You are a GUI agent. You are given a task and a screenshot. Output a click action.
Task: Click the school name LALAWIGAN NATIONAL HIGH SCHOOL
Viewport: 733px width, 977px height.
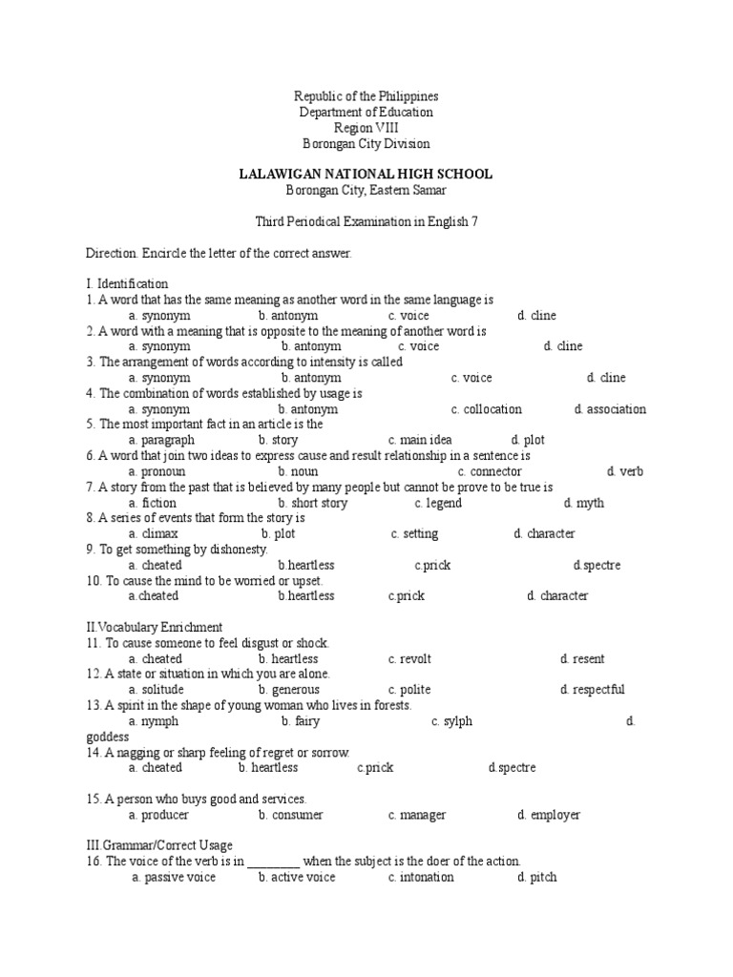[x=366, y=174]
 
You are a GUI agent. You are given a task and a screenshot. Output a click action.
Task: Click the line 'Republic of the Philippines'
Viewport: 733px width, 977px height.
[x=366, y=96]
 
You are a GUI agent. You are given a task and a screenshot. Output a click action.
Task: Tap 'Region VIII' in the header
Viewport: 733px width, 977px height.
[x=366, y=128]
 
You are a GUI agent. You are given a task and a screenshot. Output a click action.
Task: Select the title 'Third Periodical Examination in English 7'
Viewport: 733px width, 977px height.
[x=366, y=221]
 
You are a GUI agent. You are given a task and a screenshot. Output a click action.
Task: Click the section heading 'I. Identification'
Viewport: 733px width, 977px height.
[x=127, y=283]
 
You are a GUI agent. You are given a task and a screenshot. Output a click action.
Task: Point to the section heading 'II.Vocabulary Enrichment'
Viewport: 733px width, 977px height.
[x=155, y=627]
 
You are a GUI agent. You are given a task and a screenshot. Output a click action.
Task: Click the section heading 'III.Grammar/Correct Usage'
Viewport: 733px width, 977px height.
[x=159, y=845]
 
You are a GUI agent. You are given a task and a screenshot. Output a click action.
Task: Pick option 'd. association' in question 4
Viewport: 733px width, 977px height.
[x=610, y=409]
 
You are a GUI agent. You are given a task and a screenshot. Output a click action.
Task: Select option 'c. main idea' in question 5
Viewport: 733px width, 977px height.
[x=426, y=440]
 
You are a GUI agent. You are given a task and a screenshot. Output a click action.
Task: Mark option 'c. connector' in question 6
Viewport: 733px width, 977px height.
[x=490, y=471]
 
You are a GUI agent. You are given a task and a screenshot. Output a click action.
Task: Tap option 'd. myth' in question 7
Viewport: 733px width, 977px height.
[x=583, y=503]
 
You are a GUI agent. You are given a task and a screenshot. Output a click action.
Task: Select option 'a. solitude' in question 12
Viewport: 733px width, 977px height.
[x=156, y=690]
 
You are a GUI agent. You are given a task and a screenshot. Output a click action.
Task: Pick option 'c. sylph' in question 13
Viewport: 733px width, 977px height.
[x=451, y=721]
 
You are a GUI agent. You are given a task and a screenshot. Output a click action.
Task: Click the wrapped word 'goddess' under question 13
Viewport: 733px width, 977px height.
[x=107, y=737]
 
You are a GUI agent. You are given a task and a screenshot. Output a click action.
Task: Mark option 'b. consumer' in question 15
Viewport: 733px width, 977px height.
[x=290, y=815]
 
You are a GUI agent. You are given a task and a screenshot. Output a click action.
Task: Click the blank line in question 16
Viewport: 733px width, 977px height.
[x=274, y=862]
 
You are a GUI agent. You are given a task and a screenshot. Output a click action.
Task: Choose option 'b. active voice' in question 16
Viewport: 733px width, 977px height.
[x=297, y=877]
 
